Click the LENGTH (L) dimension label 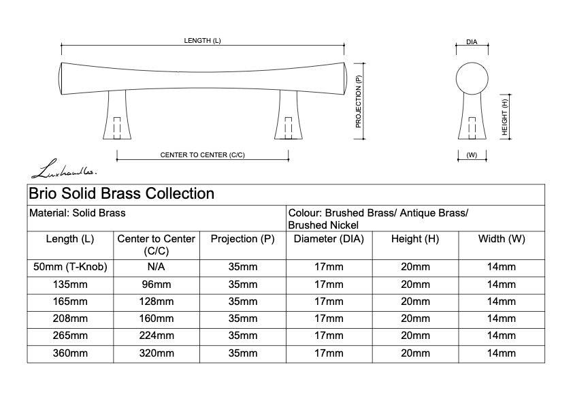202,41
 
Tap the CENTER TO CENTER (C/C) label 202,155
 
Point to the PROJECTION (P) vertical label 359,101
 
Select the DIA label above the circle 472,42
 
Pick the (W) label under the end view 472,155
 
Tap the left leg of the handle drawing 116,116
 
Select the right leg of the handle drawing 288,116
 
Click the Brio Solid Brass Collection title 121,194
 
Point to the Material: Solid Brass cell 78,213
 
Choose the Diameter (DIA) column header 329,239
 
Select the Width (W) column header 502,239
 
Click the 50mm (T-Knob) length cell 70,266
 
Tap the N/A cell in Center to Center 156,266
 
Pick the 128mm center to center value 156,302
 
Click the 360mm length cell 70,353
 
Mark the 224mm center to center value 156,336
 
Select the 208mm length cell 70,319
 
